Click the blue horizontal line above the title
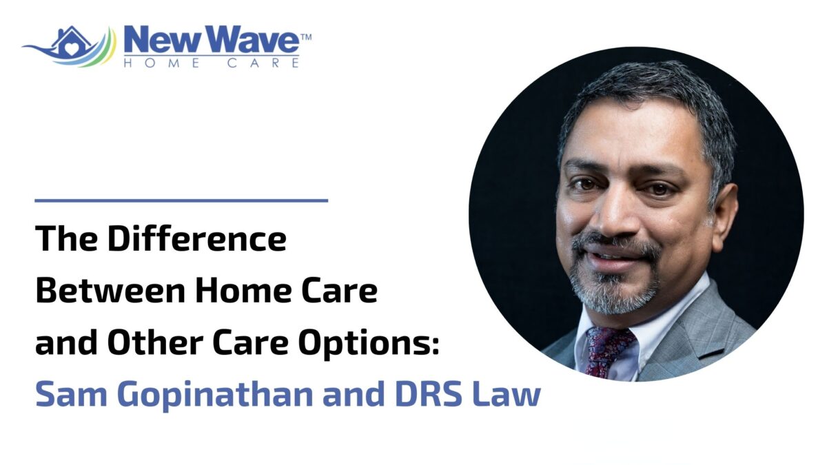(x=181, y=200)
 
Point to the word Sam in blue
(x=65, y=395)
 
